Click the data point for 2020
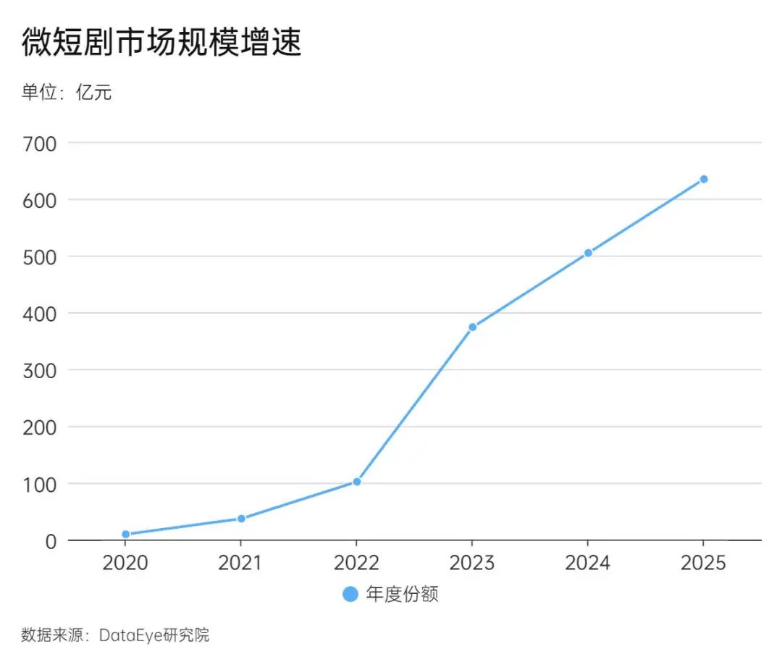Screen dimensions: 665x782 pyautogui.click(x=125, y=535)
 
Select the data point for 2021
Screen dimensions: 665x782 pyautogui.click(x=241, y=519)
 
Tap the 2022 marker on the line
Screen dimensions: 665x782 pyautogui.click(x=357, y=482)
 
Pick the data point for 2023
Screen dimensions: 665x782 pyautogui.click(x=472, y=327)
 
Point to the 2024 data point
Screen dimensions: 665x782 pyautogui.click(x=588, y=253)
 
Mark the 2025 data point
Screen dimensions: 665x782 pyautogui.click(x=703, y=179)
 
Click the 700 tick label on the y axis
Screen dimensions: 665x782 pyautogui.click(x=40, y=143)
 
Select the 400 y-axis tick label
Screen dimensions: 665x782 pyautogui.click(x=40, y=314)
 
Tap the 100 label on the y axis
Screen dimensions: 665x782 pyautogui.click(x=40, y=484)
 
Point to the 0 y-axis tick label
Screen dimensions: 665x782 pyautogui.click(x=50, y=541)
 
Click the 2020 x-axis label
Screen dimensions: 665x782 pyautogui.click(x=125, y=563)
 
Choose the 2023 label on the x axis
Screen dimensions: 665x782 pyautogui.click(x=472, y=563)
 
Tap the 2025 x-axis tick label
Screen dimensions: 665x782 pyautogui.click(x=703, y=563)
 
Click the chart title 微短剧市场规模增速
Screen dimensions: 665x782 pyautogui.click(x=161, y=43)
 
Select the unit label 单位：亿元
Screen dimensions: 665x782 pyautogui.click(x=67, y=93)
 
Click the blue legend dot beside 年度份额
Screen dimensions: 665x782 pyautogui.click(x=350, y=595)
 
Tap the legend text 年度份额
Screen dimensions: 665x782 pyautogui.click(x=403, y=595)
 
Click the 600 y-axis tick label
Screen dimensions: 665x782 pyautogui.click(x=40, y=200)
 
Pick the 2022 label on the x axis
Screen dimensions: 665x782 pyautogui.click(x=357, y=563)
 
